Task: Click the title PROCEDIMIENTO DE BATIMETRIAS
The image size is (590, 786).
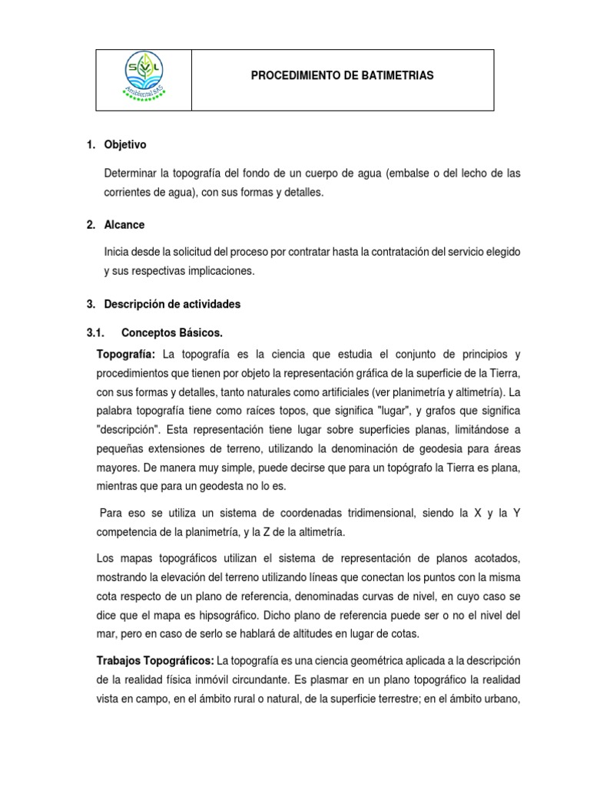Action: pos(343,75)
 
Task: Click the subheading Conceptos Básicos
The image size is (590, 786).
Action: pos(172,333)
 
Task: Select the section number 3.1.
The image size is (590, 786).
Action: pos(95,333)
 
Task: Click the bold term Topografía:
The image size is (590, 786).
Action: pos(126,354)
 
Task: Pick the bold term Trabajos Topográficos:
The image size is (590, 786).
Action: pos(155,660)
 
